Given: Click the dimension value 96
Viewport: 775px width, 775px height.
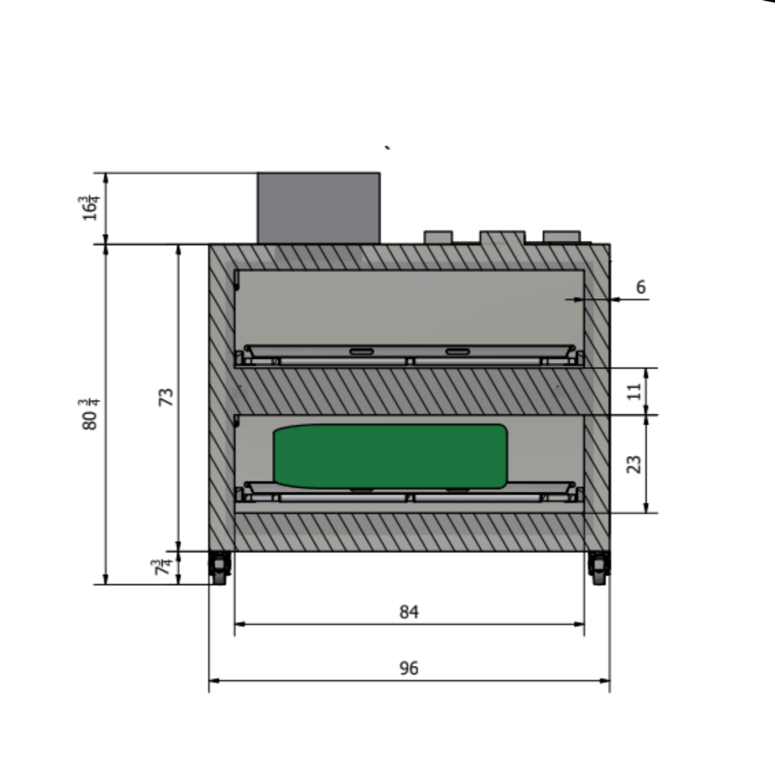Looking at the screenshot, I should click(x=409, y=668).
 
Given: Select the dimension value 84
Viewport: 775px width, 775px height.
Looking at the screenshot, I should click(x=409, y=612).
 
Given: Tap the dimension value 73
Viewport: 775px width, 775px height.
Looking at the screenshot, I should click(x=167, y=396).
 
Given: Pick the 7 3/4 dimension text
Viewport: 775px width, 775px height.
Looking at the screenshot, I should click(x=165, y=568).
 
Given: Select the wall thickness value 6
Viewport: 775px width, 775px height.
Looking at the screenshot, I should click(x=640, y=287).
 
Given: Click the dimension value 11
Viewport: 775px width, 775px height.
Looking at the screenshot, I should click(x=635, y=391).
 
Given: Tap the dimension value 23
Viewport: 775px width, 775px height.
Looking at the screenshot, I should click(x=635, y=464).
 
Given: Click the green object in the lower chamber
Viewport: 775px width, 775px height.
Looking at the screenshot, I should click(x=390, y=456).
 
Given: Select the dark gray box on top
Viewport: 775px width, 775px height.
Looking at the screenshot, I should click(x=318, y=207).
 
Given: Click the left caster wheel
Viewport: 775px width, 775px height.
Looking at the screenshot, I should click(x=220, y=569).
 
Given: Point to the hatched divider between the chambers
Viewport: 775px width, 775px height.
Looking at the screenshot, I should click(x=409, y=391).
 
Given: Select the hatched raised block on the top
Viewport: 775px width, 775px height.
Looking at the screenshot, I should click(x=502, y=238).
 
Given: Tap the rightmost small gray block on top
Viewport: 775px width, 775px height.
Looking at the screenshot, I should click(x=562, y=237).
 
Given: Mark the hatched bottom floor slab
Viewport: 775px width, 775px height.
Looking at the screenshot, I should click(x=409, y=533).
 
